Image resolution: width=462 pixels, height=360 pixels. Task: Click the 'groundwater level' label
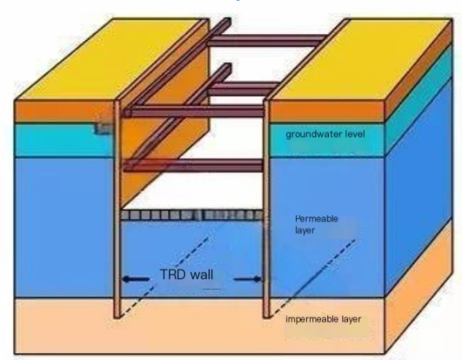(325, 135)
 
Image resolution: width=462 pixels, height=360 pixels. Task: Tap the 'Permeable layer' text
(316, 225)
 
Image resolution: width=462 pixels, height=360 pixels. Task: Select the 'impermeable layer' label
(323, 319)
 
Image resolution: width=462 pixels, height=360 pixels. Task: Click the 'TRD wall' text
(187, 274)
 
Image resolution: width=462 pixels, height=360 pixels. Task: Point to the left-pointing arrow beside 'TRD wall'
(136, 279)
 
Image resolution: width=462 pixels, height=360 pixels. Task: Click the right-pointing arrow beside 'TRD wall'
(247, 279)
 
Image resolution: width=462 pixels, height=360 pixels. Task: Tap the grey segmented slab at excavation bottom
(192, 215)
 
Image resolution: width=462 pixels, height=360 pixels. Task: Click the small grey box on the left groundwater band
(103, 128)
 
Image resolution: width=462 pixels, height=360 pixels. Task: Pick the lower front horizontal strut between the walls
(194, 166)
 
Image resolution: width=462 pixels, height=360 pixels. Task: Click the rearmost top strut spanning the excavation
(267, 40)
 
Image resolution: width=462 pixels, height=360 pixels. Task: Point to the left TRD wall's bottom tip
(117, 317)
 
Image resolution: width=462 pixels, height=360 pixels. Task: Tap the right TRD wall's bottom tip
(266, 317)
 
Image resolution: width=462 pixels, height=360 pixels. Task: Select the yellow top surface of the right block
(361, 59)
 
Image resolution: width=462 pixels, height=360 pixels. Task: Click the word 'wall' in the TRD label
(201, 274)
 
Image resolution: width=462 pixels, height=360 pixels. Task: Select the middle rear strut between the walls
(242, 88)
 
